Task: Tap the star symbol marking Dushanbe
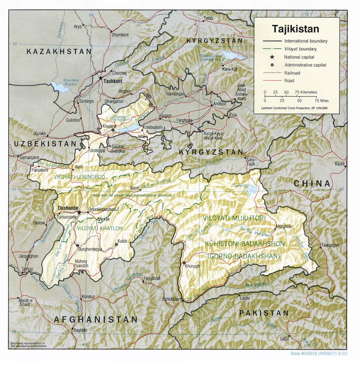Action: point(79,212)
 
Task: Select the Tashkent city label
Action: point(113,81)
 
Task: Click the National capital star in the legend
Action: point(267,57)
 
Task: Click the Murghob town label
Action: point(283,227)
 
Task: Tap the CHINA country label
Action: point(312,184)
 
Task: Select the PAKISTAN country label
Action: point(264,313)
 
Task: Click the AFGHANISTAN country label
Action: point(96,319)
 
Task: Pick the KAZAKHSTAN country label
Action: point(59,51)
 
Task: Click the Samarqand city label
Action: point(30,157)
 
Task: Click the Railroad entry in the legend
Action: point(292,73)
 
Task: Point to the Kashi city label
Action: point(339,164)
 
